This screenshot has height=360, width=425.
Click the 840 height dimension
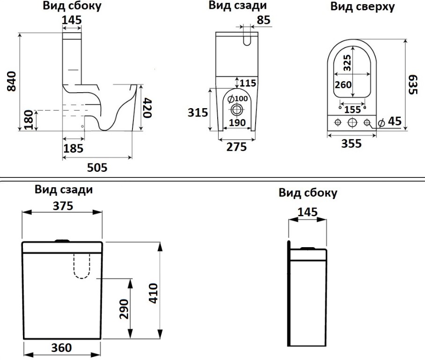[11, 81]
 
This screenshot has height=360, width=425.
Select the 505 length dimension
[98, 167]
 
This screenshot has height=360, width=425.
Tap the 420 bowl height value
[147, 108]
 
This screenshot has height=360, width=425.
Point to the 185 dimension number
[73, 148]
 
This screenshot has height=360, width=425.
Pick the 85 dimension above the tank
[264, 20]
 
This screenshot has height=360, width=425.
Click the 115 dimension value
[248, 83]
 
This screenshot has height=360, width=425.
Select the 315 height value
[198, 112]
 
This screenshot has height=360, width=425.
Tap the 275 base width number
[237, 147]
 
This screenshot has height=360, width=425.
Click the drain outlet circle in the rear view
[237, 110]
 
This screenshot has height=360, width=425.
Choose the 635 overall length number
[412, 84]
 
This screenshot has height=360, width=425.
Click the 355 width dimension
[351, 143]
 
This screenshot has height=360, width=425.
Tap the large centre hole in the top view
[352, 122]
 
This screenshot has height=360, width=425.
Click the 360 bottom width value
[61, 348]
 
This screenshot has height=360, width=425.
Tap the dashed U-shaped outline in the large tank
[82, 265]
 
